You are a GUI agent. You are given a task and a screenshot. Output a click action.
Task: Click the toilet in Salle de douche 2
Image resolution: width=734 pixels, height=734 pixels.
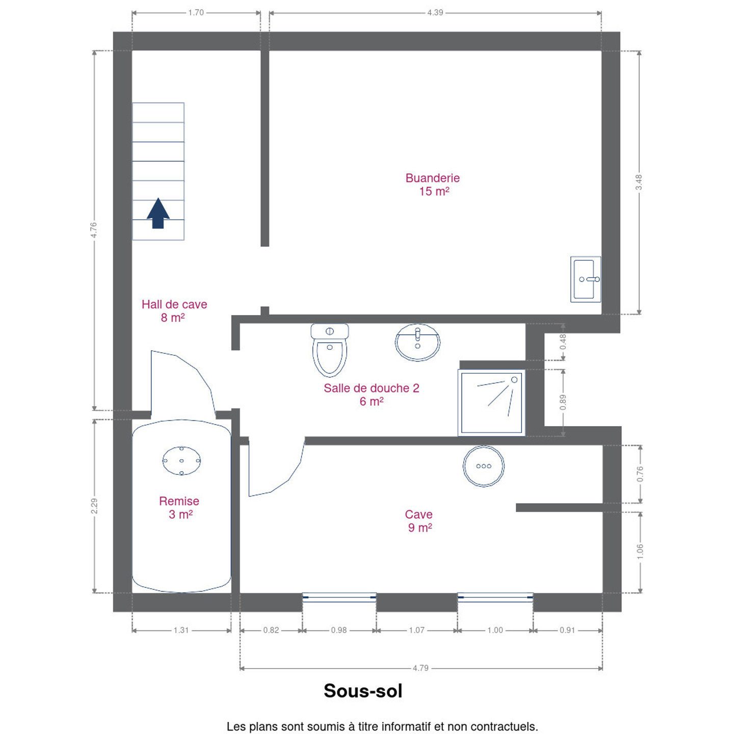(x=329, y=350)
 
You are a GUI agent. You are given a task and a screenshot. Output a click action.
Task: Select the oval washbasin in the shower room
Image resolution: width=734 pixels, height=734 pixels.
(x=417, y=342)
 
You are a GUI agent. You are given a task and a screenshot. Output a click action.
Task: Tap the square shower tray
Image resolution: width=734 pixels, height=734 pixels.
(x=491, y=403)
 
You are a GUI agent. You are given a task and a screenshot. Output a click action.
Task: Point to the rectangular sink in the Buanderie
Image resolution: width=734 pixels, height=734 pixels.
(x=586, y=279)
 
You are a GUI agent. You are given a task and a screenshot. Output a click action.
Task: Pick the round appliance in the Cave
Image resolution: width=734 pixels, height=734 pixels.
(x=484, y=466)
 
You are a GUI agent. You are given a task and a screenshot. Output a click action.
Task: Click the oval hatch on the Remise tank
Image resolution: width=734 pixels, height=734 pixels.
(x=181, y=461)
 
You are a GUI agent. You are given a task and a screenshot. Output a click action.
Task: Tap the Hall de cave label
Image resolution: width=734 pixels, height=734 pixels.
(x=174, y=311)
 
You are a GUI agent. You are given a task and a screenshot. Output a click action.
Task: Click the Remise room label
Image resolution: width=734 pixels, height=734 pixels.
(x=179, y=507)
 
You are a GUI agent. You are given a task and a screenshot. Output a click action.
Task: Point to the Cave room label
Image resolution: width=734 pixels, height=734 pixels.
(x=419, y=521)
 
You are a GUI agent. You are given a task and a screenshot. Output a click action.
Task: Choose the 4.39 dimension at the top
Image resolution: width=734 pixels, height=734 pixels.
(x=435, y=13)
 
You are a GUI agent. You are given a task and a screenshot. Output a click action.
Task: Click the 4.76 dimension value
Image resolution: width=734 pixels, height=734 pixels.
(x=94, y=230)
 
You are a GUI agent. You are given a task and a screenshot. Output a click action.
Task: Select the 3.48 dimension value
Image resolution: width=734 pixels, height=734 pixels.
(x=639, y=182)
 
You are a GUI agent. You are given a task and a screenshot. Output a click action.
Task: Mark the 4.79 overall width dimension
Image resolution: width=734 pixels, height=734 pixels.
(x=421, y=668)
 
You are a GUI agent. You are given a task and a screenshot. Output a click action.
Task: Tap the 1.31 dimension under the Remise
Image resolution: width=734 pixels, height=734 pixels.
(x=181, y=630)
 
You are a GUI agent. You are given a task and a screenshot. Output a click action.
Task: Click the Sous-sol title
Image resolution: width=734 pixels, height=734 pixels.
(x=363, y=691)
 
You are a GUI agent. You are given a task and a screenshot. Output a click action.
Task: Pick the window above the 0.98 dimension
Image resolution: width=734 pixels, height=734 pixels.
(x=339, y=597)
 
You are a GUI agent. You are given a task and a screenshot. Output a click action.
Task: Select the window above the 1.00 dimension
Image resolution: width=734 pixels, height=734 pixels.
(x=495, y=597)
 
